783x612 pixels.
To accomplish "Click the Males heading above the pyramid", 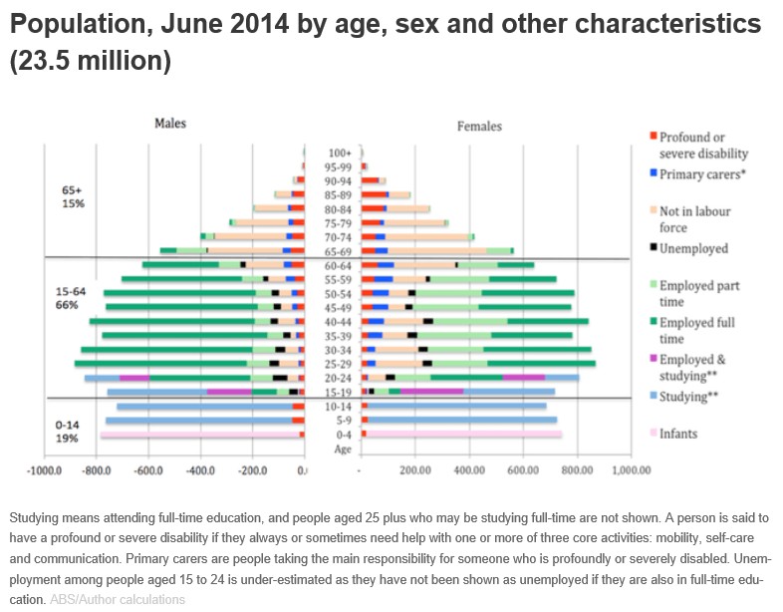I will pyautogui.click(x=169, y=123).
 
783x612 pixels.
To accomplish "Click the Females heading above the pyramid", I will pyautogui.click(x=479, y=127).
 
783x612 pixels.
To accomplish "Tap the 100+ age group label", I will pyautogui.click(x=341, y=153).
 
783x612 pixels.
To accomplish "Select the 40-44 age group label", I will pyautogui.click(x=341, y=321).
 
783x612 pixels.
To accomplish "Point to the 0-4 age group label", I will pyautogui.click(x=341, y=435).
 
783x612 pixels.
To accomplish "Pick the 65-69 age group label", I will pyautogui.click(x=341, y=251).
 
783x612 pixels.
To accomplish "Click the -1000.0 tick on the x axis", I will pyautogui.click(x=45, y=468).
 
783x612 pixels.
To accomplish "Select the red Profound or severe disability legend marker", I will pyautogui.click(x=652, y=137).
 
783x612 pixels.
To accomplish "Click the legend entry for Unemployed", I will pyautogui.click(x=693, y=248).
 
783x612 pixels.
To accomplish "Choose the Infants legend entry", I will pyautogui.click(x=678, y=434).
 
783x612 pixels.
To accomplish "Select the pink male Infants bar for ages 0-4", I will pyautogui.click(x=199, y=435).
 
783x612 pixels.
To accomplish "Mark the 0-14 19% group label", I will pyautogui.click(x=67, y=431).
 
